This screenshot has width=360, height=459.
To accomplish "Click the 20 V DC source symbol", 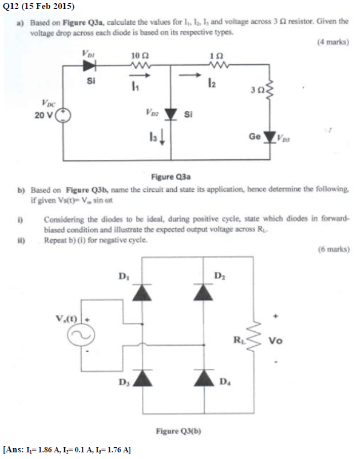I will tap(64, 116).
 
